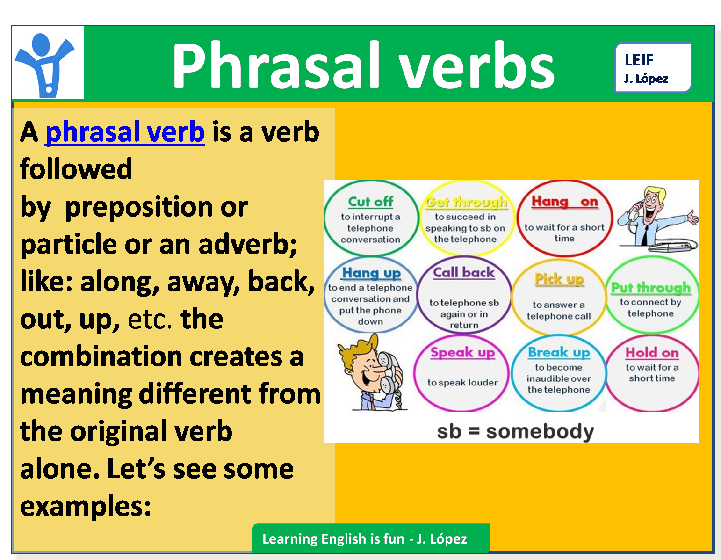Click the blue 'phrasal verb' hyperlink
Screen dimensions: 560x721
(125, 132)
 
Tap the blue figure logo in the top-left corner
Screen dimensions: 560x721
(47, 63)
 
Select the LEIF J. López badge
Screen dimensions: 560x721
(652, 68)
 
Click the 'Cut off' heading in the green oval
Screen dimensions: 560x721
(370, 202)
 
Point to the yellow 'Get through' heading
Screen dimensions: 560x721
(466, 202)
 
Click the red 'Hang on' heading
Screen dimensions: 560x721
(564, 202)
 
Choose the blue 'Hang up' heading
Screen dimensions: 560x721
(371, 273)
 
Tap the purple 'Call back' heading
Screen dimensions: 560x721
(464, 272)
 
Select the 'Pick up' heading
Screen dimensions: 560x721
(559, 279)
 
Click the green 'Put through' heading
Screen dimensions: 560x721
(651, 287)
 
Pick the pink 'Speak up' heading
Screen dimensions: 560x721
(462, 352)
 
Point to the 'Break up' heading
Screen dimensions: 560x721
(559, 352)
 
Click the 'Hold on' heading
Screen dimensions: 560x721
(652, 352)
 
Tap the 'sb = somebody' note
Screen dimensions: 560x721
(515, 431)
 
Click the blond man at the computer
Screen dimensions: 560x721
(657, 218)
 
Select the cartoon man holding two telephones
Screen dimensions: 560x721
(372, 372)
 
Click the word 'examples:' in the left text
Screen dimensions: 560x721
(86, 506)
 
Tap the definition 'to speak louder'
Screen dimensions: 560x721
(462, 383)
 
